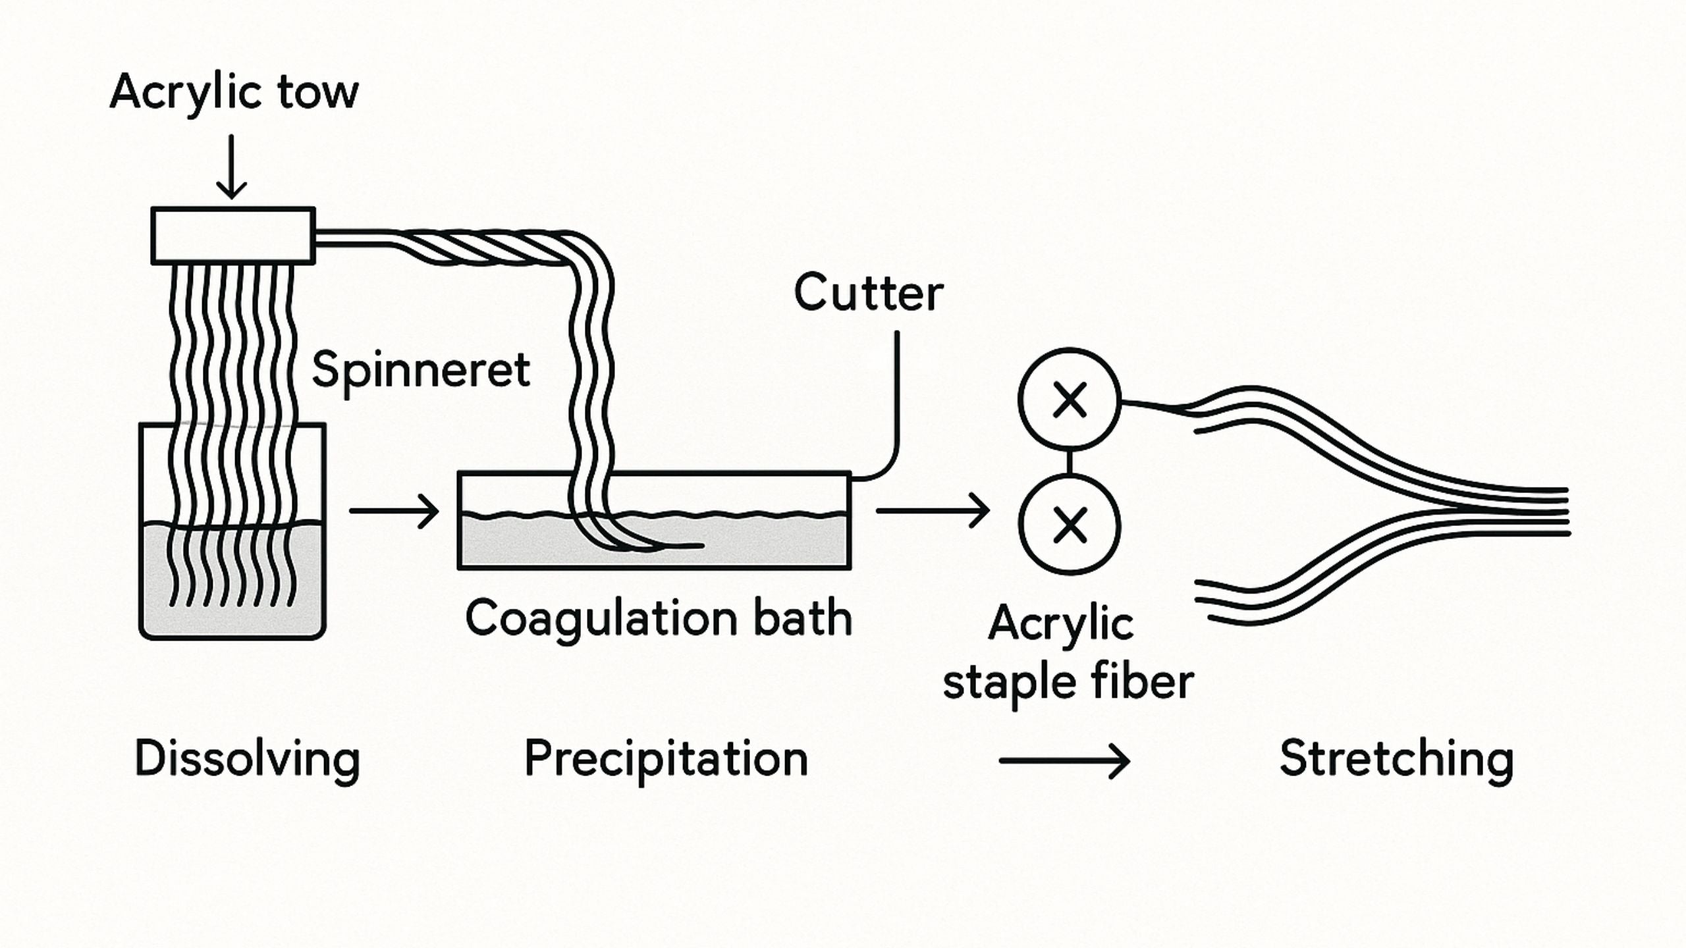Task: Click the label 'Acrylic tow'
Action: point(234,93)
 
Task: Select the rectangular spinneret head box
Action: point(232,236)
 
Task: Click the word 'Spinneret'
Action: point(420,370)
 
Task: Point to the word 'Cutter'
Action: point(868,293)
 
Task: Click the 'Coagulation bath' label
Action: point(658,618)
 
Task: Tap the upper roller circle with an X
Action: point(1069,399)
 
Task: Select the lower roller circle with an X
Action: point(1069,525)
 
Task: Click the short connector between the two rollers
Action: point(1069,461)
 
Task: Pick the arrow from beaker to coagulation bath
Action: point(394,510)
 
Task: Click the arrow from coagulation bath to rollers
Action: point(932,510)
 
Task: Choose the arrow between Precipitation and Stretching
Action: point(1064,761)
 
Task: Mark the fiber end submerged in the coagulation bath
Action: point(685,545)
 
